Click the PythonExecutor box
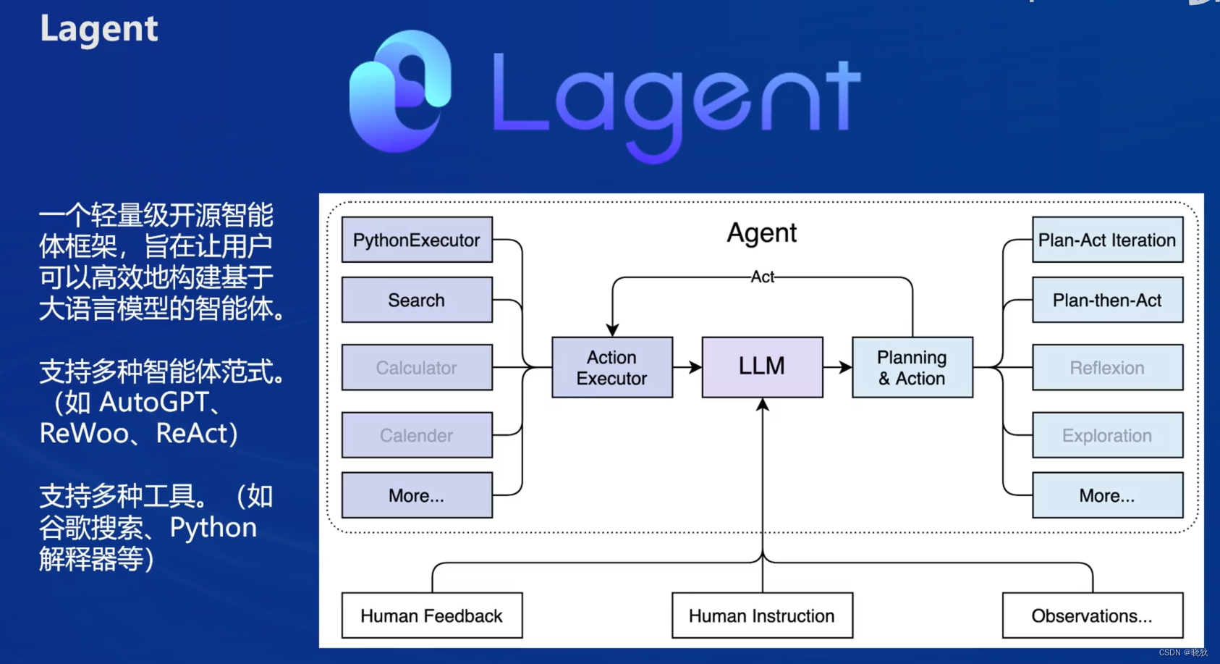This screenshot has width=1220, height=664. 417,240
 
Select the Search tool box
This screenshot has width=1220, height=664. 417,300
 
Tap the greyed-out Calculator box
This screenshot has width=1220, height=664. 417,368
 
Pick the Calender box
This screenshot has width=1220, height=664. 417,435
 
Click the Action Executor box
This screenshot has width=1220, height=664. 612,367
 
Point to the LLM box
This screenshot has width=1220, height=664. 762,366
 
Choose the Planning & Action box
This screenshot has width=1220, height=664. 912,367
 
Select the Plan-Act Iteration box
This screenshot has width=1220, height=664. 1107,240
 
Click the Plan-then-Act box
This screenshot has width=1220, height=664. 1107,300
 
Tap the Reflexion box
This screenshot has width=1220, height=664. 1107,368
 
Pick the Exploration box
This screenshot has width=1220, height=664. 1107,435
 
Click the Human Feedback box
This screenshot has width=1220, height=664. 432,615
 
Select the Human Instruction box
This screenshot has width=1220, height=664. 762,615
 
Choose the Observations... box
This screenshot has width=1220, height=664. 1092,615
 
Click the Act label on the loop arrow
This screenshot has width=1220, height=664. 763,277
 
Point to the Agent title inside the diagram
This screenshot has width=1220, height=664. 762,233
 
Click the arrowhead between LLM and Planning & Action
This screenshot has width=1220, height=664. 846,367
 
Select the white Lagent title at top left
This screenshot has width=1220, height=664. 99,29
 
